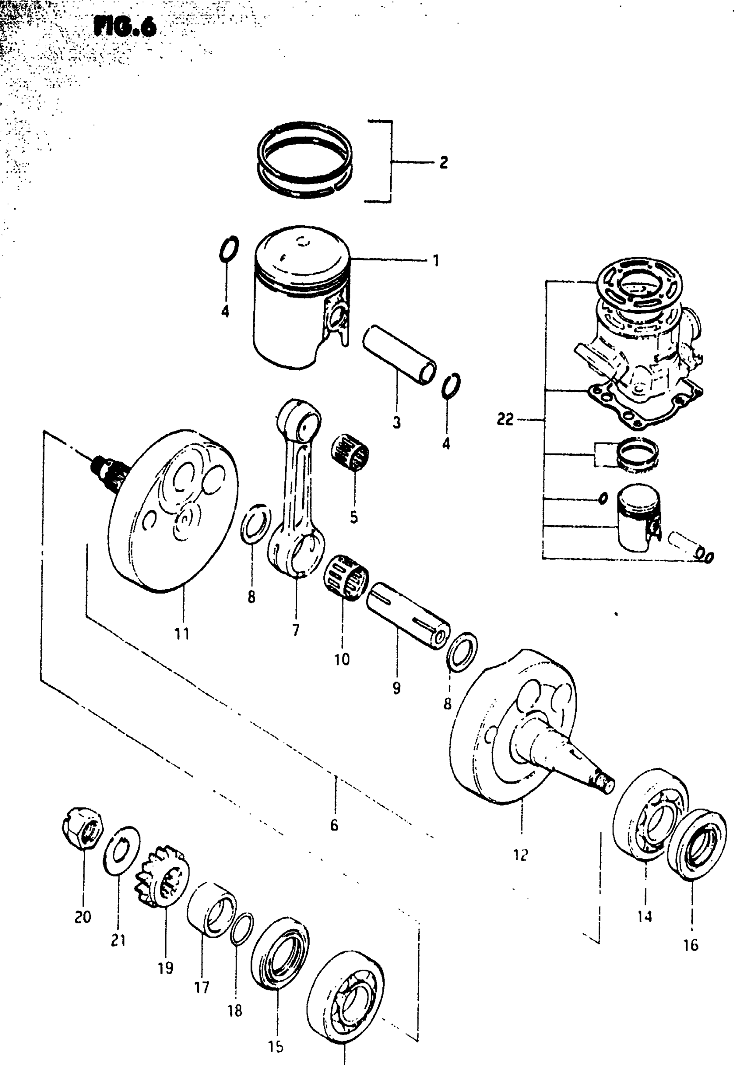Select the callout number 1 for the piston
(435, 261)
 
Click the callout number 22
(505, 419)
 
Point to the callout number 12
(521, 854)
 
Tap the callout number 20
(83, 917)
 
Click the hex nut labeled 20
(83, 828)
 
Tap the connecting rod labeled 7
(297, 487)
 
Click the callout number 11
(182, 633)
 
